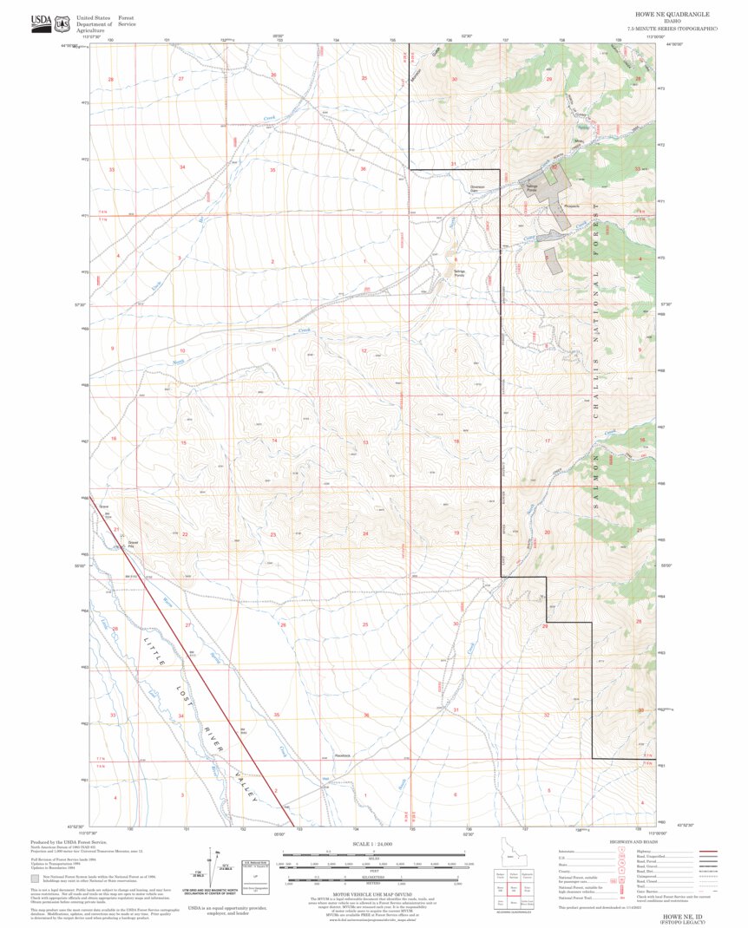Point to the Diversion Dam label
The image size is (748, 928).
click(478, 188)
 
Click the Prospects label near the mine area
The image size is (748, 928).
click(570, 206)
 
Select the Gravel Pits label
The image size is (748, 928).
click(134, 543)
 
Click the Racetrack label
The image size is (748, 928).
click(343, 755)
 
